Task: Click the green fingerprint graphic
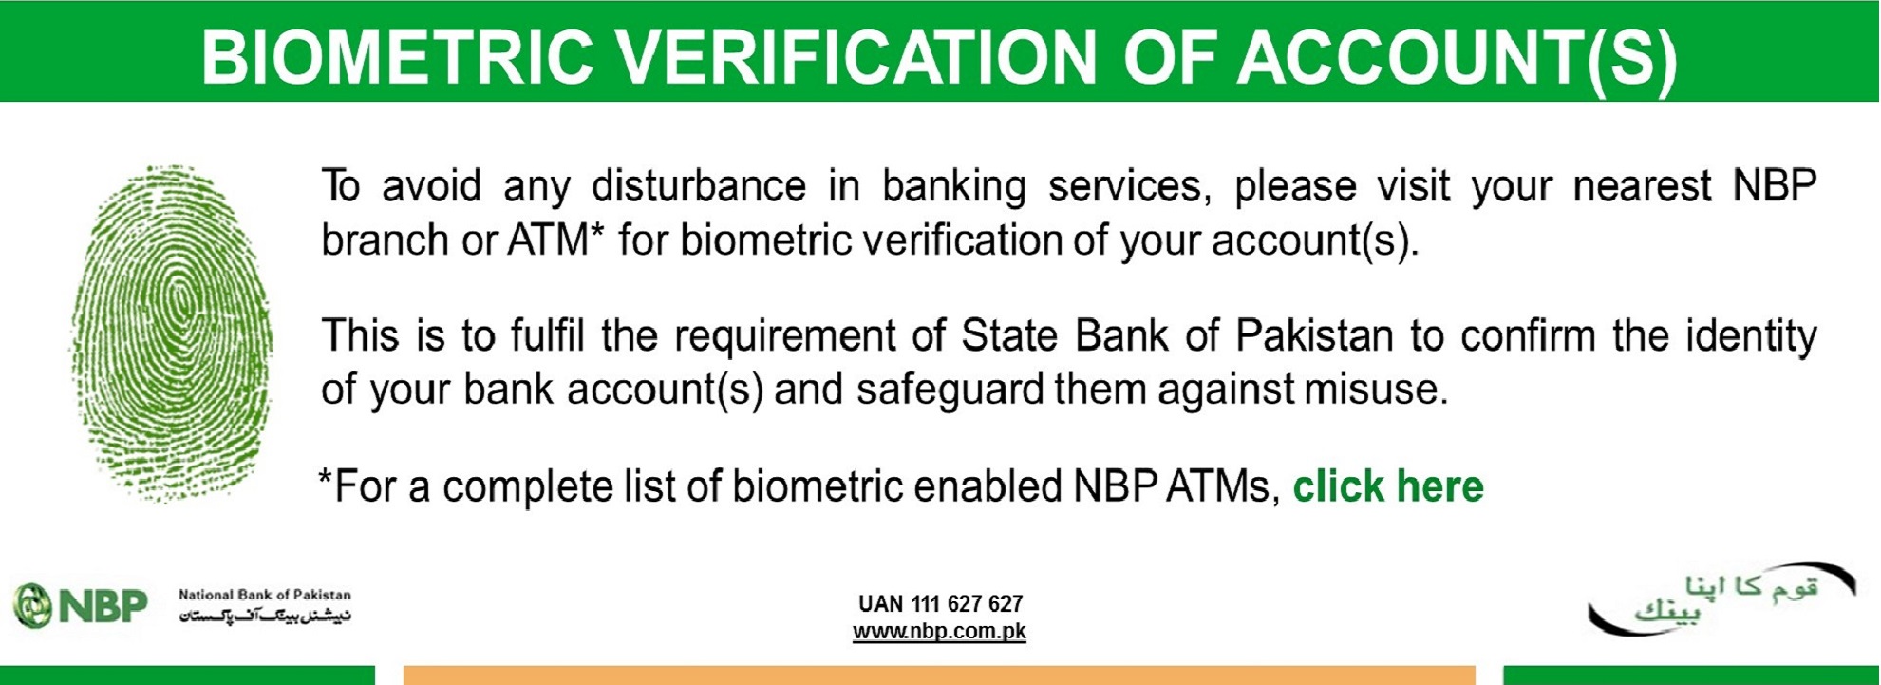[172, 333]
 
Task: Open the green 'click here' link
[1388, 486]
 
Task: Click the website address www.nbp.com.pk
[939, 632]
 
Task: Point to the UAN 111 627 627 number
[940, 604]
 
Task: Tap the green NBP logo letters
[103, 606]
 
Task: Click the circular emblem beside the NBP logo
[32, 606]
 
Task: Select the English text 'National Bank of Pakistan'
[265, 595]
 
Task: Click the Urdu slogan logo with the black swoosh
[1721, 599]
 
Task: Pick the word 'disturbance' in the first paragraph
[699, 185]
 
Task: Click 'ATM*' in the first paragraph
[555, 239]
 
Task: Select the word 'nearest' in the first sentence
[1642, 186]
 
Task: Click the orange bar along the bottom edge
[939, 675]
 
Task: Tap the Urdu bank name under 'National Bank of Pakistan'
[265, 616]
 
